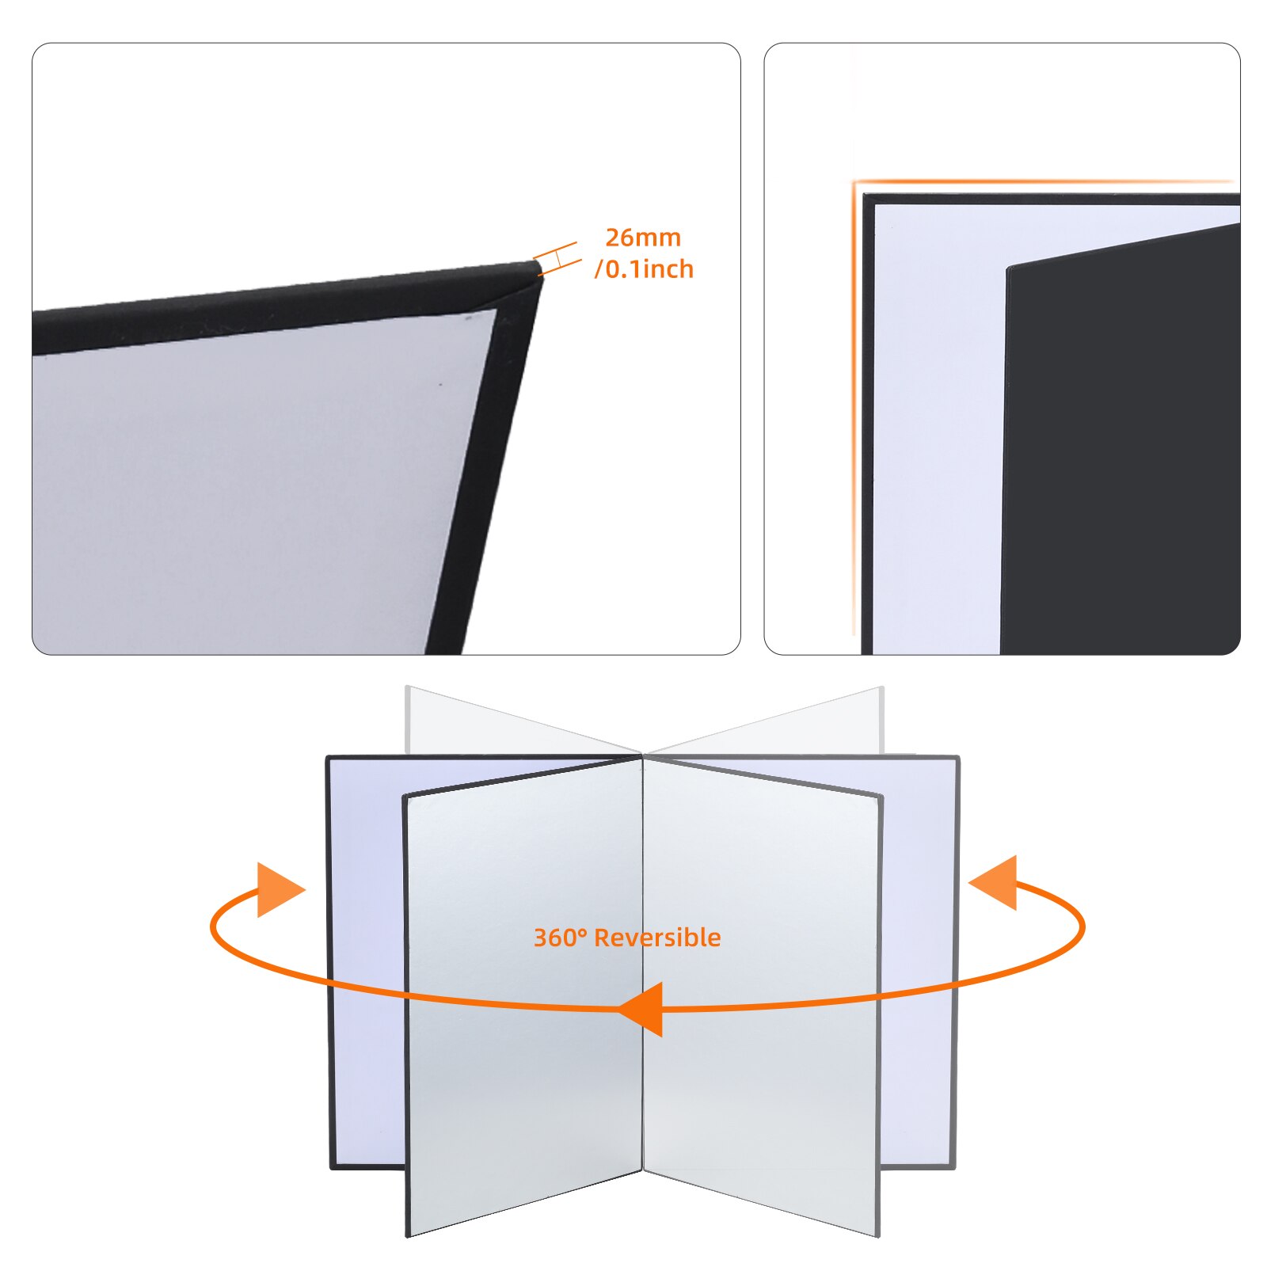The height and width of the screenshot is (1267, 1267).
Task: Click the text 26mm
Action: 642,238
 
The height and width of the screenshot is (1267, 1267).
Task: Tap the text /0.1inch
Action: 644,269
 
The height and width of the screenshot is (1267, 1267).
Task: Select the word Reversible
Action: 657,938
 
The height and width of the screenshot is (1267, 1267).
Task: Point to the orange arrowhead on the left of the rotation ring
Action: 276,890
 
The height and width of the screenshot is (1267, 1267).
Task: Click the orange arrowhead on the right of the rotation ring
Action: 995,882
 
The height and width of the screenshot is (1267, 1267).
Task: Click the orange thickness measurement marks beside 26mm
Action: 557,259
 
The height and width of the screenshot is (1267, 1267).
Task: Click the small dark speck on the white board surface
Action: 441,385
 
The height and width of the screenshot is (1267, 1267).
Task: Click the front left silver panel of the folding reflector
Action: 523,990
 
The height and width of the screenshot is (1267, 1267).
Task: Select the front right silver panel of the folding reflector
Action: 760,990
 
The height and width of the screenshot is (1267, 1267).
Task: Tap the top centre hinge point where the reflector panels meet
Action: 642,756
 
